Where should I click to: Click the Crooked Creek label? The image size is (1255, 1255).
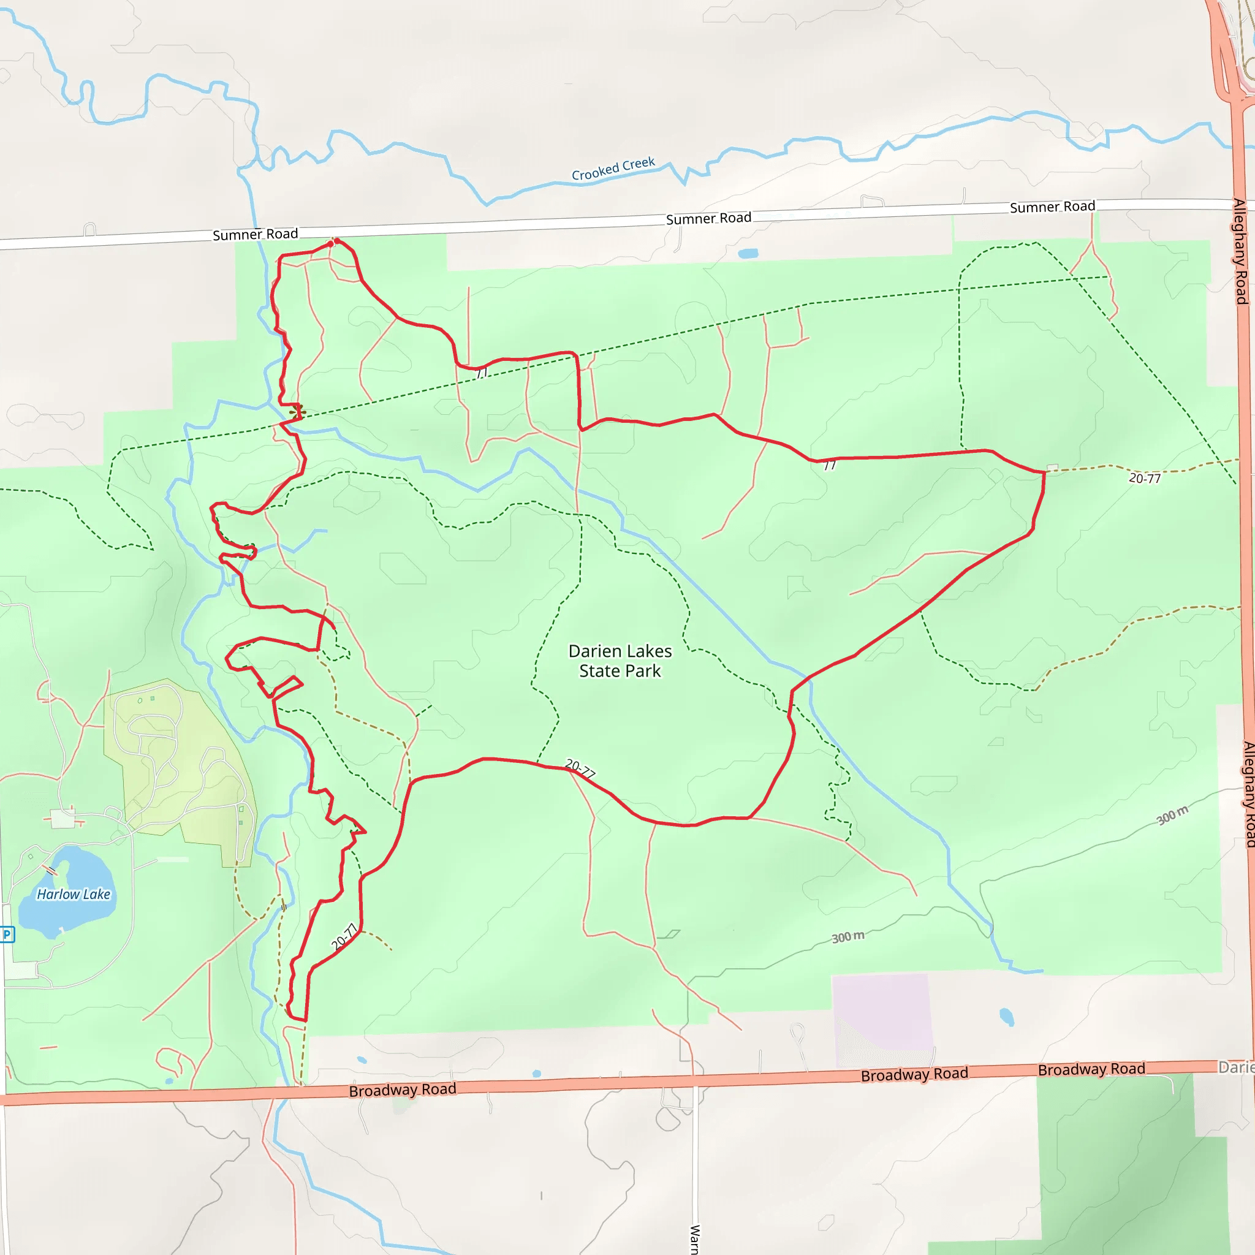coord(613,169)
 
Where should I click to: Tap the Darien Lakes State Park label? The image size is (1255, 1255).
coord(620,661)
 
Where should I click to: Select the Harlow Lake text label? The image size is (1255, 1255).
coord(74,895)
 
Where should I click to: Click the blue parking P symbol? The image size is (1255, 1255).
coord(7,935)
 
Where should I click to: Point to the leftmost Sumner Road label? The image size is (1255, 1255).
coord(256,235)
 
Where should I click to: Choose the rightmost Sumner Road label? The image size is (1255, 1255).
coord(1052,207)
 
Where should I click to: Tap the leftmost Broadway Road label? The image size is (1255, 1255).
coord(402,1090)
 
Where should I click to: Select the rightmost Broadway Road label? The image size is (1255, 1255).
coord(1091,1069)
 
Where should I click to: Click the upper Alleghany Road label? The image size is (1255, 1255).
coord(1241,251)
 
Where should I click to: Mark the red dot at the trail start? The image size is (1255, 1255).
coord(332,244)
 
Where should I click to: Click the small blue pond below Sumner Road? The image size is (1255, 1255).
coord(748,253)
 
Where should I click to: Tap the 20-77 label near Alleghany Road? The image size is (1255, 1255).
coord(1145,478)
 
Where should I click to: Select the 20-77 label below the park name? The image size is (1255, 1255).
coord(580,769)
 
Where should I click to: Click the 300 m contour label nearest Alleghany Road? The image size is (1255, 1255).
coord(1172,814)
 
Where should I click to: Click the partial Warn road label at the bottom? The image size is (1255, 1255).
coord(694,1238)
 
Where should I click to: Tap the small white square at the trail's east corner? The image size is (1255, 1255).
coord(1053,468)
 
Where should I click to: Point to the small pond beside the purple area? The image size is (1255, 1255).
coord(1007,1017)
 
